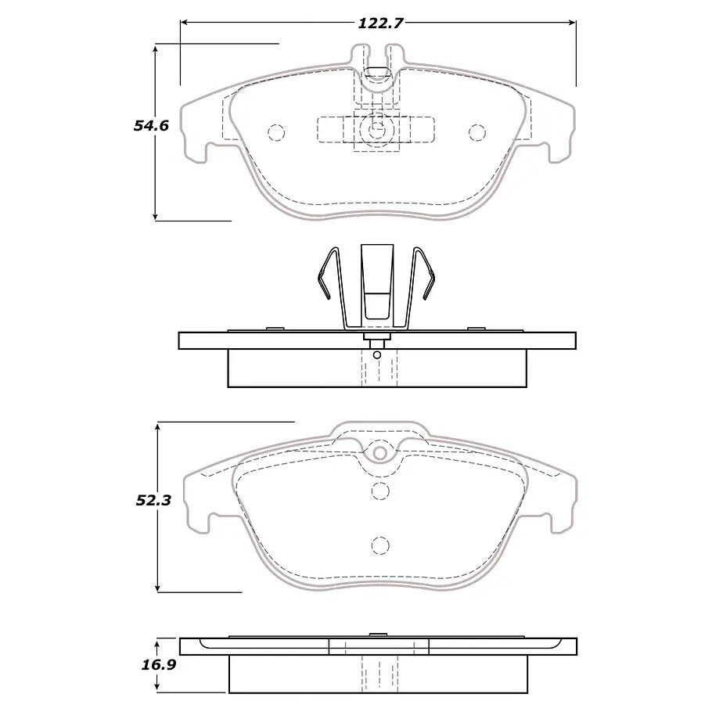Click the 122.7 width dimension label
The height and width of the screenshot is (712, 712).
pyautogui.click(x=380, y=23)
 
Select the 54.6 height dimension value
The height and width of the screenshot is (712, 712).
pyautogui.click(x=151, y=125)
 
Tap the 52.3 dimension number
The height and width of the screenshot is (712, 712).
pyautogui.click(x=153, y=501)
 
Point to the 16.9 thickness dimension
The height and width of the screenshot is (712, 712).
pyautogui.click(x=159, y=665)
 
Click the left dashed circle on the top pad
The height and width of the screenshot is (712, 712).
pyautogui.click(x=276, y=133)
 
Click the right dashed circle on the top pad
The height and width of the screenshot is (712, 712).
pyautogui.click(x=476, y=132)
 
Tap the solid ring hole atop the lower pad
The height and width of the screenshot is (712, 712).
pyautogui.click(x=380, y=453)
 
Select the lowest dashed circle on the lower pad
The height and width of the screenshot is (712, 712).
pyautogui.click(x=380, y=545)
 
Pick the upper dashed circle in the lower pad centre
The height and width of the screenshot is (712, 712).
pyautogui.click(x=380, y=491)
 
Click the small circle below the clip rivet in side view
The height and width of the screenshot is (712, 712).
pyautogui.click(x=376, y=354)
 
